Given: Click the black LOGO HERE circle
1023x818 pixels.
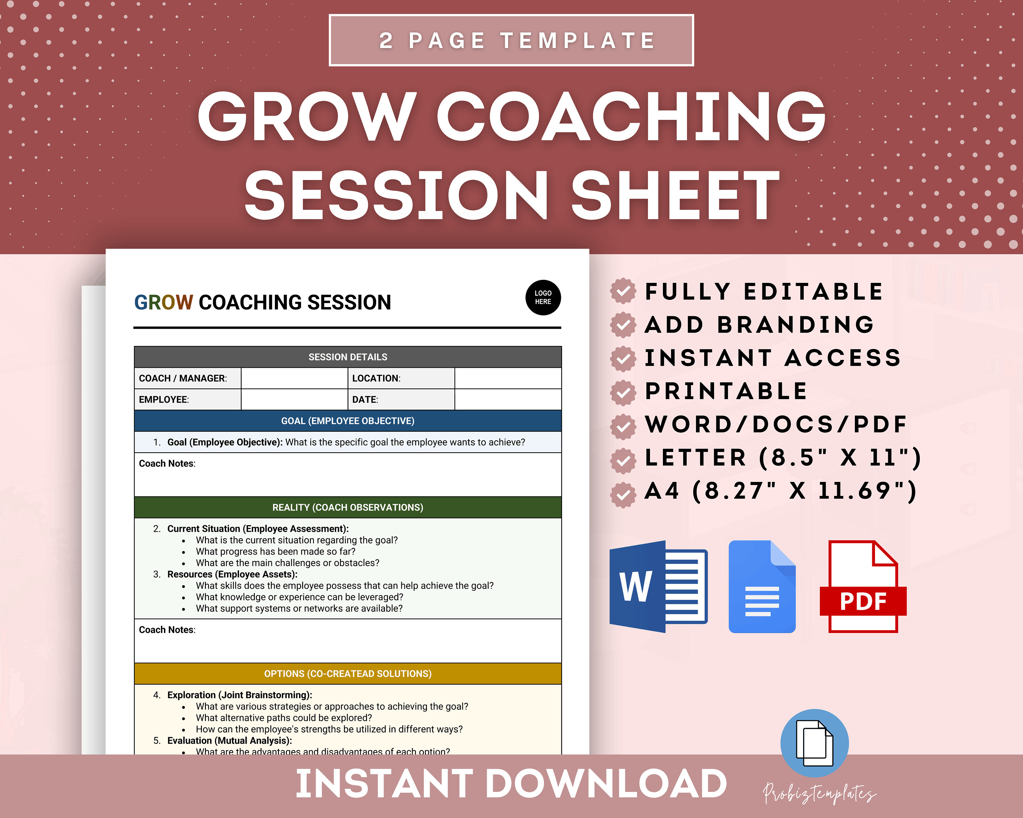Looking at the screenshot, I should (543, 297).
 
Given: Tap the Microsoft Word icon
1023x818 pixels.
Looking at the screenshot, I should (658, 586).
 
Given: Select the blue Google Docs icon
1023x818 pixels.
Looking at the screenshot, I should (761, 586).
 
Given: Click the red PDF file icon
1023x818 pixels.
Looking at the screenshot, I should (863, 586).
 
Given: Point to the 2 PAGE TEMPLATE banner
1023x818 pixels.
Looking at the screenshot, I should (511, 40).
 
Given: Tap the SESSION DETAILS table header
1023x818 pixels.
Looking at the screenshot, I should (347, 357).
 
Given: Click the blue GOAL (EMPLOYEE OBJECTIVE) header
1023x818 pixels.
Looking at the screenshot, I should (347, 421).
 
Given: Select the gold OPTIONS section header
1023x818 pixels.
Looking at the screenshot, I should (347, 674).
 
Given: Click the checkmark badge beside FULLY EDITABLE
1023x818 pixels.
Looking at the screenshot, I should (623, 291).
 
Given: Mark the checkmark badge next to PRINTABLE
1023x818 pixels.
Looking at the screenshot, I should (623, 392).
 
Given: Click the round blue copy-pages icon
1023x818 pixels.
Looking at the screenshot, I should (814, 743).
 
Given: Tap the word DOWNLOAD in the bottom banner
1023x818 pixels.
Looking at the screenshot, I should (606, 784).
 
